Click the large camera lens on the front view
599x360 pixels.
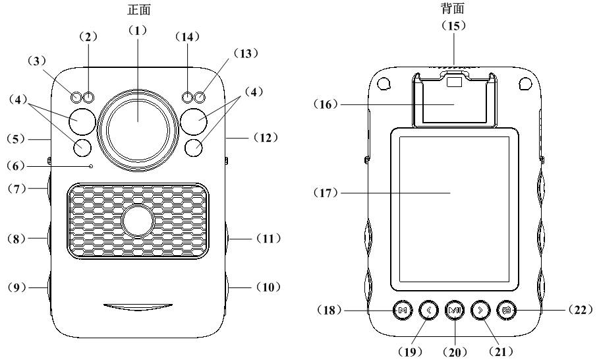(x=138, y=122)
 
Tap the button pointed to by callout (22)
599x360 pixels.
(x=506, y=309)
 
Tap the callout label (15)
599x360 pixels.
(x=455, y=25)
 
